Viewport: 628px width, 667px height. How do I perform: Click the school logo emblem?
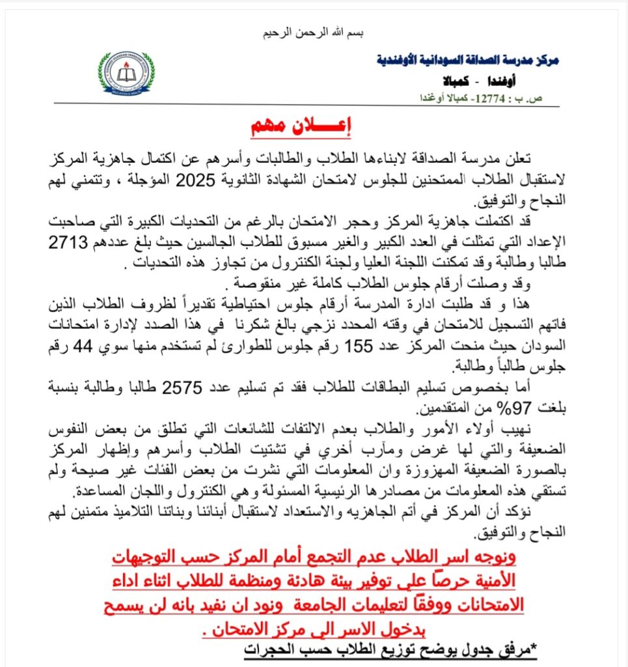point(127,73)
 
